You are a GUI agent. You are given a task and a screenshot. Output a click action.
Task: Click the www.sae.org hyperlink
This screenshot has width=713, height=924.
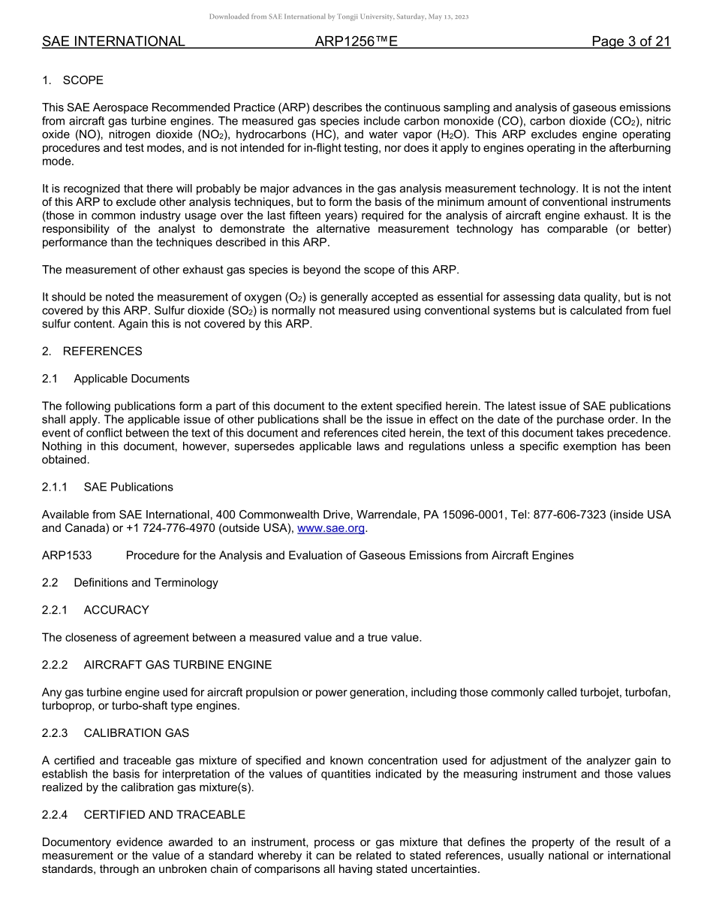pyautogui.click(x=331, y=528)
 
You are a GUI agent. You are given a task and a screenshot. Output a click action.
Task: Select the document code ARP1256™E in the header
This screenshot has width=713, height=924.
pyautogui.click(x=356, y=42)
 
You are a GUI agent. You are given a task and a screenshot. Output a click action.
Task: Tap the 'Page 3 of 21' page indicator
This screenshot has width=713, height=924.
pyautogui.click(x=630, y=42)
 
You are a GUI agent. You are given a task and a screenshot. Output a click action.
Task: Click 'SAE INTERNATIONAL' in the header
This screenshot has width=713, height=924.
pyautogui.click(x=113, y=42)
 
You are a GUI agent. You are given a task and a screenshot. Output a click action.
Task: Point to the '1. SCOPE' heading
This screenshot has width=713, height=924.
pyautogui.click(x=73, y=80)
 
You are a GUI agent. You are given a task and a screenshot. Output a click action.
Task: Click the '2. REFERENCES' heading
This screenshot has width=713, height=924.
pyautogui.click(x=92, y=351)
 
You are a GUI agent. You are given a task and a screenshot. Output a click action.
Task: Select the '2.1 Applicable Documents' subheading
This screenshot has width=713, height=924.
pyautogui.click(x=116, y=379)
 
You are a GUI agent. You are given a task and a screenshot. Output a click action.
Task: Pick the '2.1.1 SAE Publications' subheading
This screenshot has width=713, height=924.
pyautogui.click(x=107, y=487)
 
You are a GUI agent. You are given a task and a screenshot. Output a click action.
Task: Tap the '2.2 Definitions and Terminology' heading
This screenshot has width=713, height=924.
pyautogui.click(x=130, y=582)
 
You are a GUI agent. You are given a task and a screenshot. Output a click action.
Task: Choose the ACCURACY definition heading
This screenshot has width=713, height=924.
pyautogui.click(x=116, y=610)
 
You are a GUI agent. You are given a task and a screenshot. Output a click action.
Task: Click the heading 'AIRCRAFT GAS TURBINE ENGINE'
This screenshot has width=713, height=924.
pyautogui.click(x=178, y=665)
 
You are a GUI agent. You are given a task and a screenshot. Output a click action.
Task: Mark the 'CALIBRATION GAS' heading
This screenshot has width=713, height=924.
pyautogui.click(x=137, y=732)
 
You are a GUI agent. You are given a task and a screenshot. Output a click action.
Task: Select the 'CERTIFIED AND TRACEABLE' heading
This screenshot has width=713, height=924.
pyautogui.click(x=164, y=814)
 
